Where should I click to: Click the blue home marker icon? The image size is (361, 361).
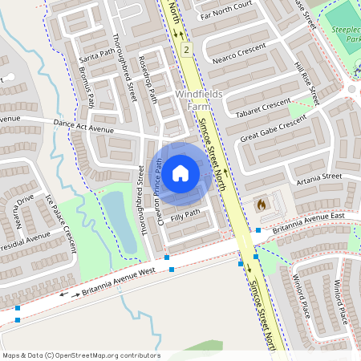tap(180, 172)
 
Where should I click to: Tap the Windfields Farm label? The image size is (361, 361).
tap(197, 99)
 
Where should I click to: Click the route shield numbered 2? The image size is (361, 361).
tap(186, 50)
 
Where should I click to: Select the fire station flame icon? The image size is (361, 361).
tap(260, 205)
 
